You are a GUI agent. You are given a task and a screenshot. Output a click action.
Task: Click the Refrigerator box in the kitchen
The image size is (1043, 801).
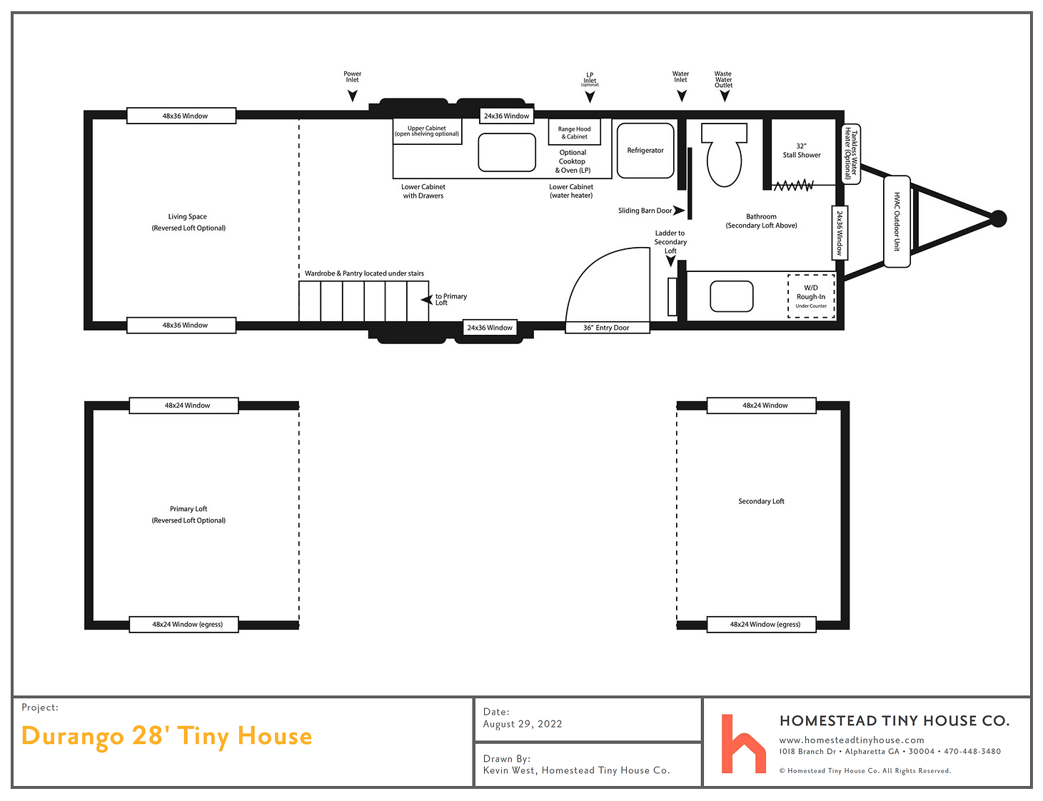coord(645,150)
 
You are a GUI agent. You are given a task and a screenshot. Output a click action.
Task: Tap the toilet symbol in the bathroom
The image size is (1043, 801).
coord(723,154)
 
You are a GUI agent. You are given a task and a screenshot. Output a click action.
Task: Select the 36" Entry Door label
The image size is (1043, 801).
coord(605,327)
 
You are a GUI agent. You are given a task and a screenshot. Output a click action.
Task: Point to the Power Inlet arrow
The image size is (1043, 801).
coord(352,96)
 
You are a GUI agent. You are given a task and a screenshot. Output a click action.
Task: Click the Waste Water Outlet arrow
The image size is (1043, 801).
coord(725,96)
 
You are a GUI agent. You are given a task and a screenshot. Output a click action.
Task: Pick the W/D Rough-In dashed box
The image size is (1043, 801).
coord(811,296)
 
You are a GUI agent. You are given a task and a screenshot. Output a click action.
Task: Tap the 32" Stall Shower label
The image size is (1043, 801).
coord(801,150)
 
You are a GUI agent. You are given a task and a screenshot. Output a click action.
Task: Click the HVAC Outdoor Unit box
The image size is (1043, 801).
coord(896,221)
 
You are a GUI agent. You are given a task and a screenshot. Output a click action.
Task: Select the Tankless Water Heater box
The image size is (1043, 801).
coord(851,153)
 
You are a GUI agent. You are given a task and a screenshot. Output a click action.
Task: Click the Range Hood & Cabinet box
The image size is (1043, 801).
coord(574,132)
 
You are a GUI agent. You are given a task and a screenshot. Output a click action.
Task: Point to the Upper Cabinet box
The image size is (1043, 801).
coord(427,131)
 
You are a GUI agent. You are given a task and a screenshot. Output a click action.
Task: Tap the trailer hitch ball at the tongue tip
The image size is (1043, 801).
coord(998,219)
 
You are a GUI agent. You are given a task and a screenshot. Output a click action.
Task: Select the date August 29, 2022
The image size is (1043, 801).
coord(523,724)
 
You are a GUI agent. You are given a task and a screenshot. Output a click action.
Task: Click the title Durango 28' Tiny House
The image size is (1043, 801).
coord(166,736)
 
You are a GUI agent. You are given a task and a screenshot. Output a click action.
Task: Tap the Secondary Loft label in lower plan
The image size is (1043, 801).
coord(761,501)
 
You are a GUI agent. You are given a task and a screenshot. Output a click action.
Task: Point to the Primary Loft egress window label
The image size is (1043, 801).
coord(187,624)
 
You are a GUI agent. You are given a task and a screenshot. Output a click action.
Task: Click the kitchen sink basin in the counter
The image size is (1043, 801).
coord(506,152)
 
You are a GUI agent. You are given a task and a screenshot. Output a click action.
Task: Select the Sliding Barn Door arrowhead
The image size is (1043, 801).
coord(678,210)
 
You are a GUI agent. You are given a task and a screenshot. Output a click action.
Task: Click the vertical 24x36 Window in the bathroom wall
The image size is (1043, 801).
coord(839,233)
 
